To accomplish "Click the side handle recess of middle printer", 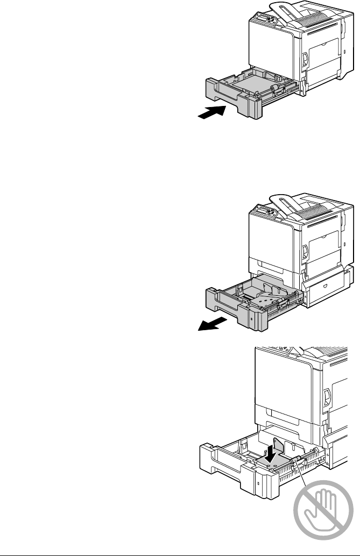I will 305,250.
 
